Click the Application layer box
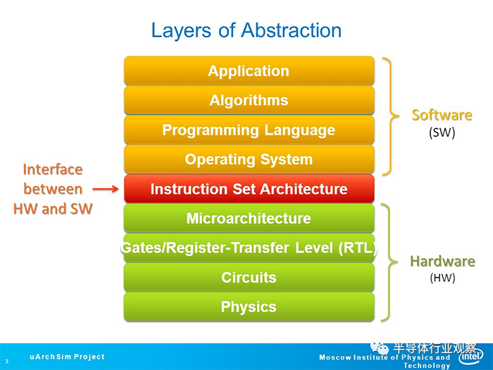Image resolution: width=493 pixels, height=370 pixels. [x=249, y=70]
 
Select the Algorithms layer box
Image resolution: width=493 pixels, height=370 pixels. [x=249, y=100]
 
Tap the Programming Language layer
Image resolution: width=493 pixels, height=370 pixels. [x=249, y=130]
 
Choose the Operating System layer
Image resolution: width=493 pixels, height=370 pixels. [x=249, y=159]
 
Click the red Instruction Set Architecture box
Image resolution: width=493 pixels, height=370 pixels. [x=249, y=188]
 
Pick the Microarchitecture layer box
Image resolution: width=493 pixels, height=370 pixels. [x=249, y=218]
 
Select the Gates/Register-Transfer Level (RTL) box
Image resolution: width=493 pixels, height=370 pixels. [x=249, y=247]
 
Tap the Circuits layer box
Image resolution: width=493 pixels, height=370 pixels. [x=249, y=277]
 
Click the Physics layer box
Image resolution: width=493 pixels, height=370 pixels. [x=249, y=307]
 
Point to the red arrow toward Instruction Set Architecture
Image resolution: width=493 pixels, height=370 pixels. [x=106, y=189]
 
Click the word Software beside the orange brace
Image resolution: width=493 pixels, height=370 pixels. [x=442, y=115]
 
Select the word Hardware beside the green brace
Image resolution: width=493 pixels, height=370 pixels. [x=442, y=261]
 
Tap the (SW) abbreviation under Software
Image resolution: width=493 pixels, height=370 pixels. [x=442, y=132]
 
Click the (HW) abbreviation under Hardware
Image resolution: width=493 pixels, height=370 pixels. [x=442, y=278]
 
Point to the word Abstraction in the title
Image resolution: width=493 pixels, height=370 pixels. [x=291, y=30]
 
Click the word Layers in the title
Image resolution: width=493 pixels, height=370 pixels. [x=181, y=31]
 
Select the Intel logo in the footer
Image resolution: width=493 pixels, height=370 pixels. [x=470, y=356]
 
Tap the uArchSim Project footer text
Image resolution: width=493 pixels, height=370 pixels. [x=67, y=357]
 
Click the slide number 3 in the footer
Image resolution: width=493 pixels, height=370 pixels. [x=6, y=362]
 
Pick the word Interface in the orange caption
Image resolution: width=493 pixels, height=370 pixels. [x=53, y=170]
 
